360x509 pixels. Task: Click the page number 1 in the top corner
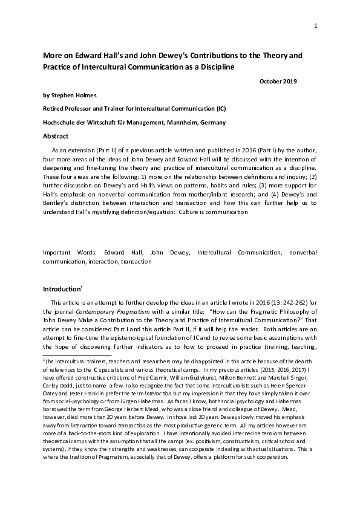316,25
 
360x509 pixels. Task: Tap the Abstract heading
56,136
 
